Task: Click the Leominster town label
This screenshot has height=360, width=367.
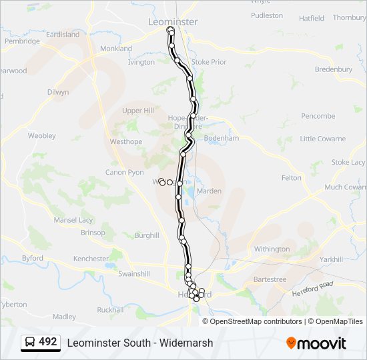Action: [172, 21]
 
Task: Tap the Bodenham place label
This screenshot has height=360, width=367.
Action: [221, 138]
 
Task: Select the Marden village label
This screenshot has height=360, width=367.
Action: [209, 191]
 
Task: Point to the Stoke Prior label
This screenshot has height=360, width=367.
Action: [209, 62]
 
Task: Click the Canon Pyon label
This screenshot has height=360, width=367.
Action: [125, 173]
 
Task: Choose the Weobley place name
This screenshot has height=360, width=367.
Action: [41, 135]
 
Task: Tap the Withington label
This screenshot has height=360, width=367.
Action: [272, 249]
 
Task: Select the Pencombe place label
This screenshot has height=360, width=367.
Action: [318, 116]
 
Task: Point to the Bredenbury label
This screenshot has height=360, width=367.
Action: [333, 69]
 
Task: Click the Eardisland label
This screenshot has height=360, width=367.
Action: [63, 35]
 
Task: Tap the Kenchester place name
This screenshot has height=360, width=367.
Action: [91, 259]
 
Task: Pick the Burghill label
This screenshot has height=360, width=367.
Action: [147, 235]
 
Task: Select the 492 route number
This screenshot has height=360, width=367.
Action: [47, 342]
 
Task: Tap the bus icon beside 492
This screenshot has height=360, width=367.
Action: [31, 343]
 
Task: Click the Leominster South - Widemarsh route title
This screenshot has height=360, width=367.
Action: [139, 343]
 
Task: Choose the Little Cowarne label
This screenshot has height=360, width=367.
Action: [322, 139]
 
